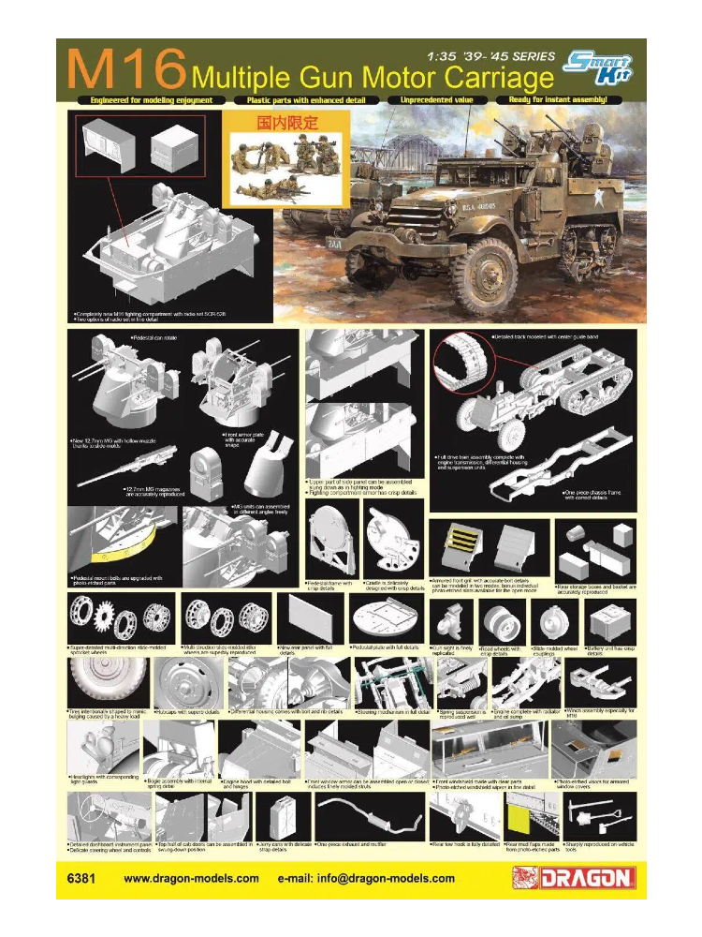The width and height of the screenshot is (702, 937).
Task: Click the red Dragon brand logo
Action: (574, 878)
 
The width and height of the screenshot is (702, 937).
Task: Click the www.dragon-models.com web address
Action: (192, 879)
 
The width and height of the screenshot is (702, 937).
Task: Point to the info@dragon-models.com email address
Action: (366, 879)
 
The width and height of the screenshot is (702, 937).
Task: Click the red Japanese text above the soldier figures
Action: (288, 123)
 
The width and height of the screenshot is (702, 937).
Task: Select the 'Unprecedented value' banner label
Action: (439, 98)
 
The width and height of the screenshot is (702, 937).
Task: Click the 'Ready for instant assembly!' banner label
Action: (571, 98)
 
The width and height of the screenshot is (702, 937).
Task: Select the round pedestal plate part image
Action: (387, 618)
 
